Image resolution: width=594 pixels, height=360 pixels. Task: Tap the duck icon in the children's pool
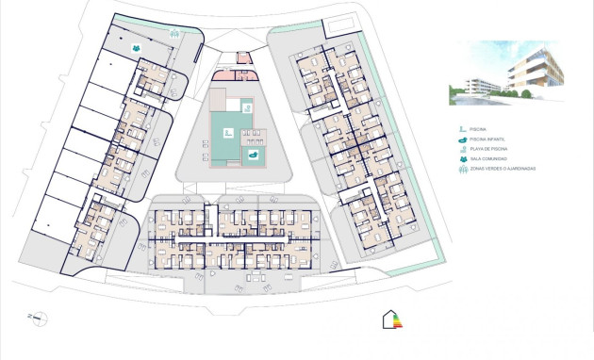pos(253,155)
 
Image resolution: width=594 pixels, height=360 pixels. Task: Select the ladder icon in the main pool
pos(227,133)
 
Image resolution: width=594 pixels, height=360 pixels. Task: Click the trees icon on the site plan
pos(174,31)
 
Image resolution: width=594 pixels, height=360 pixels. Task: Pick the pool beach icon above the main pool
pos(247,107)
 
